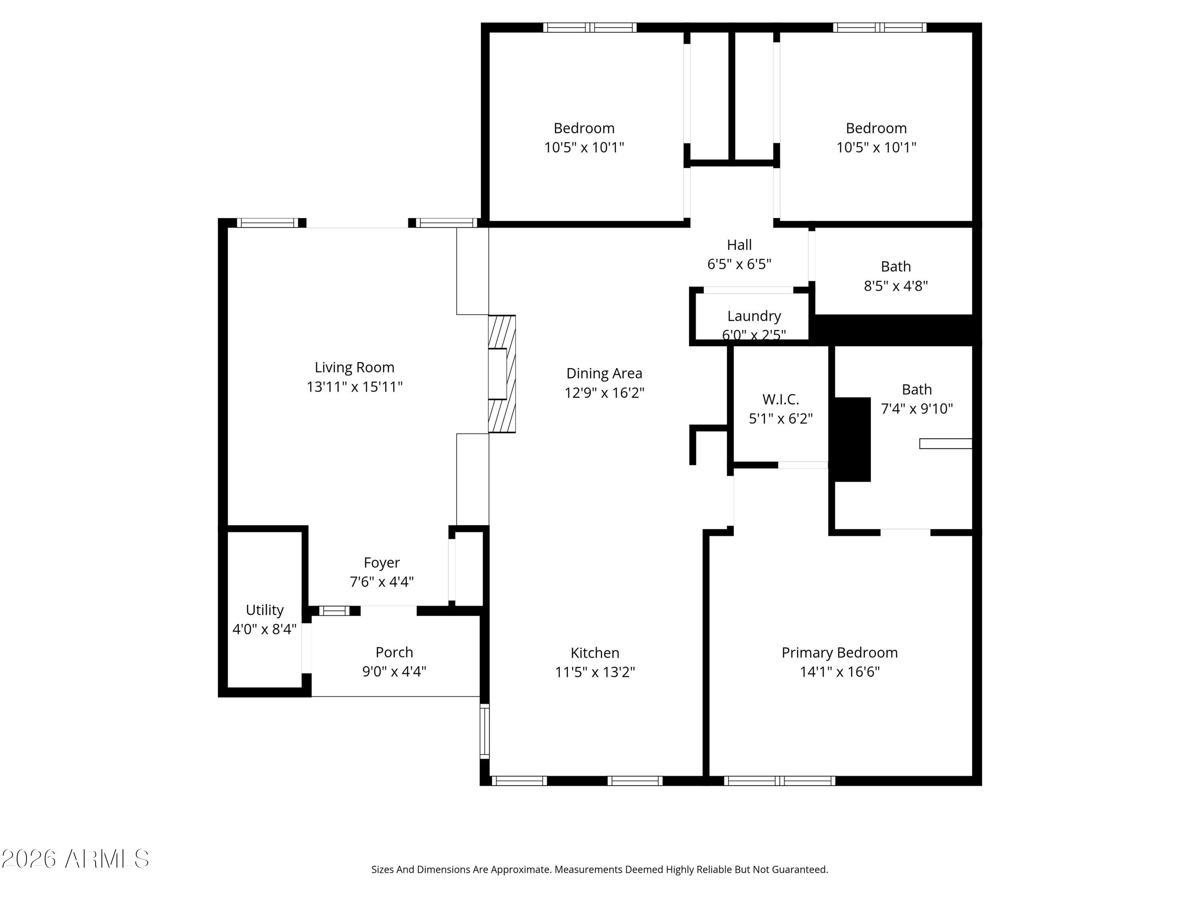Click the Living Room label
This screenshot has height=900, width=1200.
click(x=354, y=367)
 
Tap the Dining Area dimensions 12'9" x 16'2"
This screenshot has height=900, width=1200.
click(x=604, y=393)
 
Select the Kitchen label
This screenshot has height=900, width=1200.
click(x=594, y=653)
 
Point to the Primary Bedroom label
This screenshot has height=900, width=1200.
click(x=839, y=653)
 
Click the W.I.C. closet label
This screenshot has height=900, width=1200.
click(x=781, y=399)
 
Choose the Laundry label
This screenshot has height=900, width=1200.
click(x=754, y=316)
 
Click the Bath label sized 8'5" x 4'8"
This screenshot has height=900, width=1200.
click(x=896, y=266)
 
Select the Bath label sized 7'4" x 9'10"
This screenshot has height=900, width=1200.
click(x=917, y=390)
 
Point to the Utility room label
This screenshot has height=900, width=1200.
click(x=264, y=610)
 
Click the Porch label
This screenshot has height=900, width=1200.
click(x=394, y=652)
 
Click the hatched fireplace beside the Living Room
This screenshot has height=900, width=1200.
click(x=502, y=374)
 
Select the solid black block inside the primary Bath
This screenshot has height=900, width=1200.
click(x=852, y=440)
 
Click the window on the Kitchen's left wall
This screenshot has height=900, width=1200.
click(x=485, y=731)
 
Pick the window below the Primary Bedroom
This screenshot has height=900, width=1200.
click(x=780, y=781)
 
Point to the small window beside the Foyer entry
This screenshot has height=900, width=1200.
click(x=334, y=611)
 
